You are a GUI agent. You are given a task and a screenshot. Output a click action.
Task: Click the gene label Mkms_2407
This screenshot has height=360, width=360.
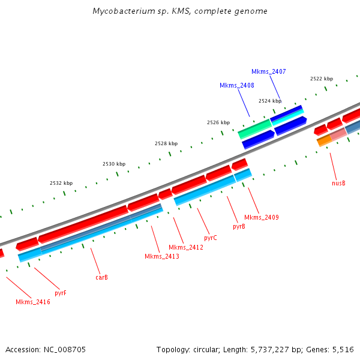click(x=268, y=71)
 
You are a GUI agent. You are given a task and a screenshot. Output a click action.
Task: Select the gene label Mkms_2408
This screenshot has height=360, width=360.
click(x=236, y=85)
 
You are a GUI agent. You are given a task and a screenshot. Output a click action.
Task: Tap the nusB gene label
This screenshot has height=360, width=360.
click(x=338, y=182)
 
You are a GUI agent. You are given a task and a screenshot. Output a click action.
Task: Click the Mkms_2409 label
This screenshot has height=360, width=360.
click(x=261, y=217)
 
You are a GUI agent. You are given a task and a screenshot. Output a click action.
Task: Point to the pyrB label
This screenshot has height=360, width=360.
click(x=239, y=227)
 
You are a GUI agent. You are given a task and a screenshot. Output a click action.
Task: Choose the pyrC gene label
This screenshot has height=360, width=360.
click(x=210, y=238)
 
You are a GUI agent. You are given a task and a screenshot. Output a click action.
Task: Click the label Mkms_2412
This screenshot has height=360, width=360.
click(x=185, y=247)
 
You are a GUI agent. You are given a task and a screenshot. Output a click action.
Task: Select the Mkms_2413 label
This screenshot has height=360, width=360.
click(x=161, y=257)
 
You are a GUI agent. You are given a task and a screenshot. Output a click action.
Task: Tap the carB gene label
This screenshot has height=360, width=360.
click(x=101, y=278)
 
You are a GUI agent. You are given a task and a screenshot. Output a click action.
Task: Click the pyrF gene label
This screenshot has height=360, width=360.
click(x=61, y=293)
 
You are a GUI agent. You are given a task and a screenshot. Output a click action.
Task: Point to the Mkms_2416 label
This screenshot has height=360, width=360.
click(x=33, y=302)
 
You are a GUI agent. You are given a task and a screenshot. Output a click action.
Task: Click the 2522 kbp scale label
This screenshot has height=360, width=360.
click(x=321, y=79)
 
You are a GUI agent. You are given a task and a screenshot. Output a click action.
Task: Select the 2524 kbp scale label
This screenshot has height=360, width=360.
click(x=269, y=101)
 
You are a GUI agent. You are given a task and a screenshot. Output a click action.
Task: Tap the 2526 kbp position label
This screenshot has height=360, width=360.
click(x=218, y=122)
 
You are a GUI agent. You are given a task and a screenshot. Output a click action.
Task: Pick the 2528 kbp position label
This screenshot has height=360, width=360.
click(x=166, y=143)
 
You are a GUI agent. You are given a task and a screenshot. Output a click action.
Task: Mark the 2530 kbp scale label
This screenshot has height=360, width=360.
click(x=113, y=164)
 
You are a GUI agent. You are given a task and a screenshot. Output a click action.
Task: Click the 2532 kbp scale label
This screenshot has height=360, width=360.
click(x=61, y=183)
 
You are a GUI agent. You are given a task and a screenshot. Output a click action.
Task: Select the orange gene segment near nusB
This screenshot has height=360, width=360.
click(x=323, y=141)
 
